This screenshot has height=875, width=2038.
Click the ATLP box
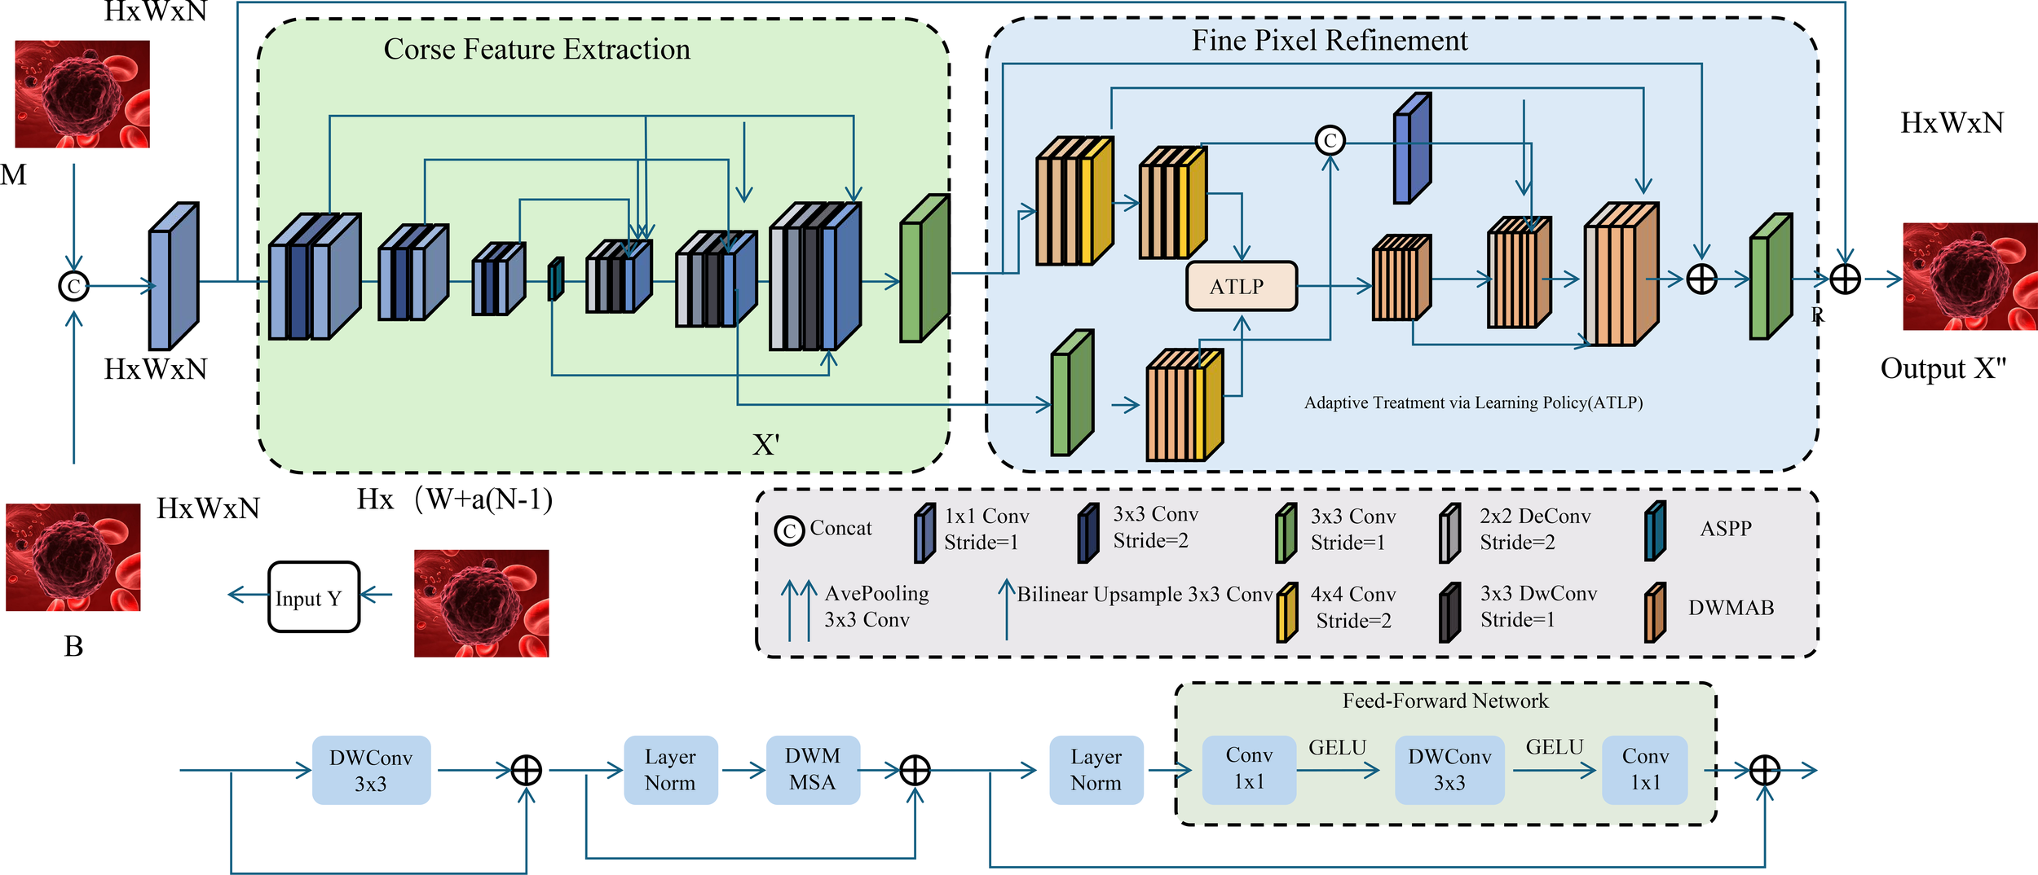coord(1241,286)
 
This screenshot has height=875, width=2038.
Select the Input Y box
coord(314,597)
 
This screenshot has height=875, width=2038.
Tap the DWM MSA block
coord(813,770)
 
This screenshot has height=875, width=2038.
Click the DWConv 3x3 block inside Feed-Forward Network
coord(1449,770)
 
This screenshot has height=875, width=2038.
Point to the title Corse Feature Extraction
coord(536,50)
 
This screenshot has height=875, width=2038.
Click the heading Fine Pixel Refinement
coord(1330,41)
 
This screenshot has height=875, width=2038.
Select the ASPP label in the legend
coord(1725,529)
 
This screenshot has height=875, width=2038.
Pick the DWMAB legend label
coord(1731,608)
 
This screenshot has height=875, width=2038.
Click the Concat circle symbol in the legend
coord(788,531)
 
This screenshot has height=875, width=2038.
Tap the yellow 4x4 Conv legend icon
coord(1286,613)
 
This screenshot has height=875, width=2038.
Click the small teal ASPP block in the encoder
coord(555,279)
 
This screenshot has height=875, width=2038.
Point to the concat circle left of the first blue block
coord(74,286)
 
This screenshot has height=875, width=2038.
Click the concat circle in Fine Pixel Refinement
coord(1330,141)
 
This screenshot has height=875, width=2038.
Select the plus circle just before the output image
coord(1845,279)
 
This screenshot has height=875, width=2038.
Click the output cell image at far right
coord(1970,276)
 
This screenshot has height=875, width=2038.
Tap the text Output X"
coord(1943,369)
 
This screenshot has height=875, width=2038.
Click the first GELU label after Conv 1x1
coord(1337,747)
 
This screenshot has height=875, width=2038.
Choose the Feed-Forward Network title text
coord(1445,701)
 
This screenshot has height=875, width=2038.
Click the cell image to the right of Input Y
coord(481,603)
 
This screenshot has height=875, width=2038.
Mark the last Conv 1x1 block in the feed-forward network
coord(1644,770)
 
